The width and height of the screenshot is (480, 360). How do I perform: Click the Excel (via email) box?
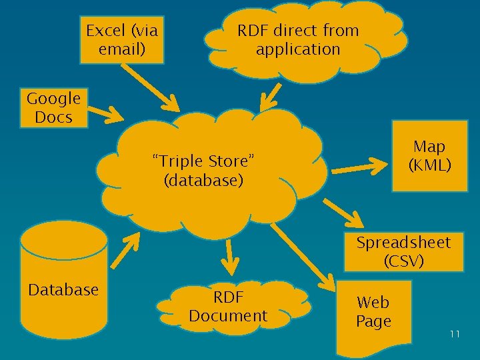(122, 39)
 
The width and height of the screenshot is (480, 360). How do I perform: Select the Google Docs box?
(53, 108)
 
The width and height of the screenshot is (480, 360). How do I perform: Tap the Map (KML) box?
(429, 155)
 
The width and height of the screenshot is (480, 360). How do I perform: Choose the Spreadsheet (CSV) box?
(403, 251)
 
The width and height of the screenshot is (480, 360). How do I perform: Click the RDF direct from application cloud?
(298, 40)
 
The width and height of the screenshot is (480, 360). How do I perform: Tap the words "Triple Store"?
(203, 161)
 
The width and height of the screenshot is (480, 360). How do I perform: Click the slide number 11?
(455, 334)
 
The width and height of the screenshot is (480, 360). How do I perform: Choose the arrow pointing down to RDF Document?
(229, 257)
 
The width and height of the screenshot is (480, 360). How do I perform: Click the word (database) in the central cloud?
(203, 180)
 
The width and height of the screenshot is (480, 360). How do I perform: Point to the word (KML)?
(429, 165)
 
